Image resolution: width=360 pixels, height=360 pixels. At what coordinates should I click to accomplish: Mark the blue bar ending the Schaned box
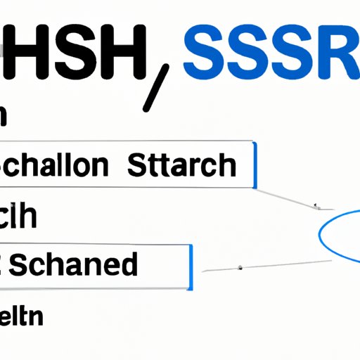(190, 267)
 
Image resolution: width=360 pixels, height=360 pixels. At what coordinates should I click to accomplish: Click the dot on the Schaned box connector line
(240, 266)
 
